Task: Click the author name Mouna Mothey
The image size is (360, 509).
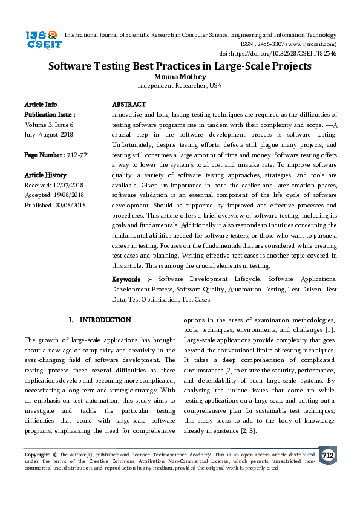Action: pyautogui.click(x=180, y=77)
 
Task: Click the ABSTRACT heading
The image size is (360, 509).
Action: pyautogui.click(x=129, y=105)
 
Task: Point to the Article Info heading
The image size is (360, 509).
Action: pyautogui.click(x=41, y=105)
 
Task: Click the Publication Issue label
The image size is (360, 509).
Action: pyautogui.click(x=50, y=114)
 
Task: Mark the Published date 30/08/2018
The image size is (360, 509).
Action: pyautogui.click(x=71, y=205)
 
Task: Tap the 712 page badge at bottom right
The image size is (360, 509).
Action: pyautogui.click(x=327, y=455)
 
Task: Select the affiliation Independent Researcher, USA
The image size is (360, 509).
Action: pyautogui.click(x=180, y=86)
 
